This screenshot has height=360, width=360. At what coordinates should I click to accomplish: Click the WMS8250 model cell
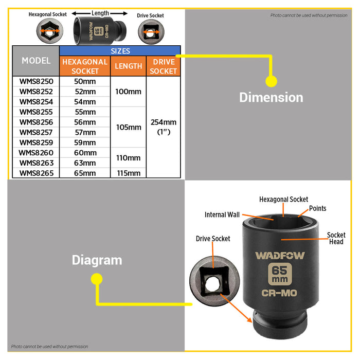[36, 81]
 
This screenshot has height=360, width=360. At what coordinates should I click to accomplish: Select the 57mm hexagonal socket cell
[85, 132]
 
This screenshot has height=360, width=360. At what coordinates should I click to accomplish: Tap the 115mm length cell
[129, 173]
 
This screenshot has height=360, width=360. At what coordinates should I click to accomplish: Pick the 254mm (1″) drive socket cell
[164, 127]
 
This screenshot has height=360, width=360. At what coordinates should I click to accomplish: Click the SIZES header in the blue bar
[120, 51]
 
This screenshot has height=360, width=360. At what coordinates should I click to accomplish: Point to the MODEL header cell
[36, 61]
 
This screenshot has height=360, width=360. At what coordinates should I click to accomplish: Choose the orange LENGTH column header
[129, 66]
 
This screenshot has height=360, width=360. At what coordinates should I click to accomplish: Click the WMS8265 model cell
[36, 173]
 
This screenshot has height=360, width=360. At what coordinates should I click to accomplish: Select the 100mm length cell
[129, 92]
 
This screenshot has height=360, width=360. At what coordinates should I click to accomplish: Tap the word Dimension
[271, 97]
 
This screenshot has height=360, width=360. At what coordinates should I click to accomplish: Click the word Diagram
[97, 260]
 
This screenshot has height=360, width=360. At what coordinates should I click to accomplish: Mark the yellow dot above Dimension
[271, 81]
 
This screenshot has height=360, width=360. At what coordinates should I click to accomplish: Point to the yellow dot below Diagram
[97, 279]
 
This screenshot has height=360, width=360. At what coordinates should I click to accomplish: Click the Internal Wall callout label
[222, 214]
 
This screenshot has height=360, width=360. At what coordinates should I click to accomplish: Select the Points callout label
[317, 208]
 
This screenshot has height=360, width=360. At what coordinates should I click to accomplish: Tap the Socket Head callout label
[336, 238]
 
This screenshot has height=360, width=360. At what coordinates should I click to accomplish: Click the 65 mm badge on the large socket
[280, 274]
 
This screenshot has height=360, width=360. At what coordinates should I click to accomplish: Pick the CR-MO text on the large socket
[279, 293]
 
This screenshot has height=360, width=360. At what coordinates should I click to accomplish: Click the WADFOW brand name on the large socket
[280, 256]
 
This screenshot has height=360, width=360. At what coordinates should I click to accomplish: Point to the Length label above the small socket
[100, 13]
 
